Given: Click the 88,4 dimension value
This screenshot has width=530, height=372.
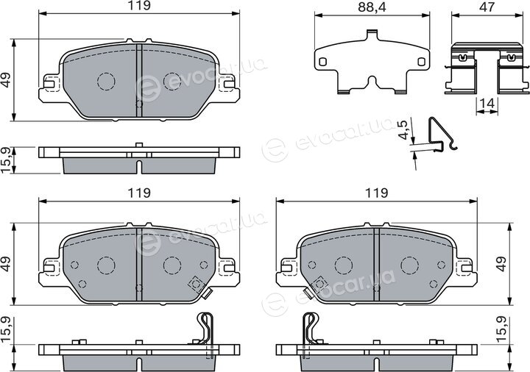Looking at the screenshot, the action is click(372, 7).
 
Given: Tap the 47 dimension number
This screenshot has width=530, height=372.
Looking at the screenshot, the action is click(487, 7).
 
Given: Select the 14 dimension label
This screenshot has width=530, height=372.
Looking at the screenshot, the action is click(487, 103).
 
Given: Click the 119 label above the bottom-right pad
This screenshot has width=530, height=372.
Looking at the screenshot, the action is click(377, 193).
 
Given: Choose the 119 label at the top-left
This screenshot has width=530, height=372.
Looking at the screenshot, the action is click(139, 6).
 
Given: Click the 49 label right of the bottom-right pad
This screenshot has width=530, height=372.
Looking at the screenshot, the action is click(501, 264).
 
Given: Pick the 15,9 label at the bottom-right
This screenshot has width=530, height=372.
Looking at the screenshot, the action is click(501, 329).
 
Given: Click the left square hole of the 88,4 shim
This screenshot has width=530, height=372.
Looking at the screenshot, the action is click(323, 62).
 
